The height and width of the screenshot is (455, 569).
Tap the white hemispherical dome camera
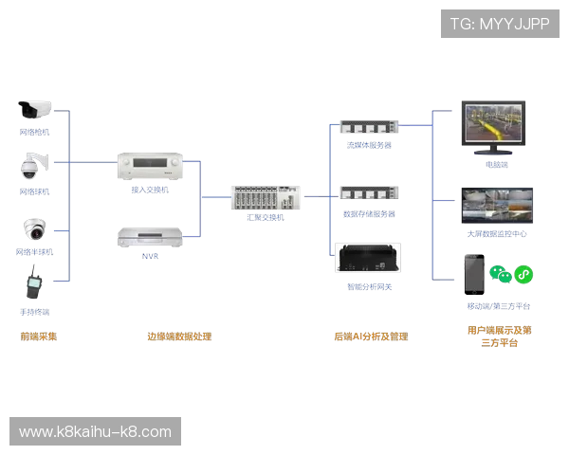point(35,228)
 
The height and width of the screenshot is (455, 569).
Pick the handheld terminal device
point(34,286)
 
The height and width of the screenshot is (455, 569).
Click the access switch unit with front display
point(147,166)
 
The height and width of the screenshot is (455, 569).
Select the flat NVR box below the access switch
point(147,237)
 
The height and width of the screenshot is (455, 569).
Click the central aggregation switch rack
point(265,197)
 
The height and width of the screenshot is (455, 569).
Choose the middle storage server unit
point(368,194)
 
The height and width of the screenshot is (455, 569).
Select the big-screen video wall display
point(496,203)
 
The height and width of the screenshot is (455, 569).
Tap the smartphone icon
point(473,276)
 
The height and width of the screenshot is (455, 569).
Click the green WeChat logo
point(502,275)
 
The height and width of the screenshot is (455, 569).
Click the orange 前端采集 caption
point(39,336)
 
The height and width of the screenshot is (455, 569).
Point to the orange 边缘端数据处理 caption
point(178,336)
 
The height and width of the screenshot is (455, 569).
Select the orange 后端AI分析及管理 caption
point(371,336)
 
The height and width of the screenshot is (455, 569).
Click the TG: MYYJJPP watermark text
point(500,24)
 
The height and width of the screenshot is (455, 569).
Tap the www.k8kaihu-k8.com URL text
point(95,432)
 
